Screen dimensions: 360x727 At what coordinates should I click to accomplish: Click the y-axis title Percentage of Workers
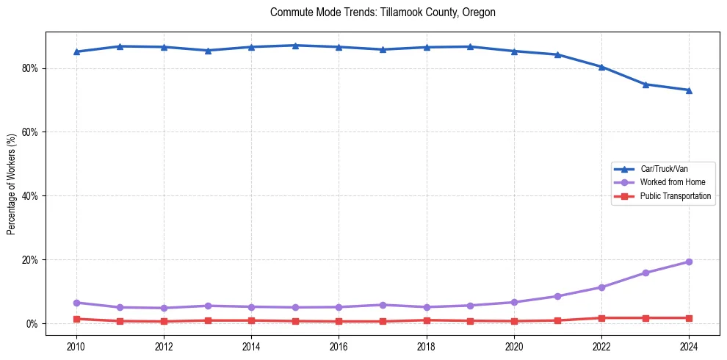pos(12,184)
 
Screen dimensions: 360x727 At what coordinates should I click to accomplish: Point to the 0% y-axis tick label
pos(32,324)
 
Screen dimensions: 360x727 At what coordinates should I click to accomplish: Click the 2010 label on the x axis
pos(76,345)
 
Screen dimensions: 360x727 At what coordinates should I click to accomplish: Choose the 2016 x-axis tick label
pos(339,345)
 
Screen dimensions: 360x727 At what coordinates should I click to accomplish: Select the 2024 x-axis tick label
pos(689,345)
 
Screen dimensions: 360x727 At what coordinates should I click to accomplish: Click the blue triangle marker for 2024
pos(689,90)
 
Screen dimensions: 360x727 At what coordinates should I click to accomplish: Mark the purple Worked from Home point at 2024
pos(689,262)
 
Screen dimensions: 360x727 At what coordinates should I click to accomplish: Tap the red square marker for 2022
pos(601,318)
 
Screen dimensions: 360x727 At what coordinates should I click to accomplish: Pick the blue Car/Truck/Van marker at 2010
pos(76,51)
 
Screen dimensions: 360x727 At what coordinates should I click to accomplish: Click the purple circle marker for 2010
pos(76,303)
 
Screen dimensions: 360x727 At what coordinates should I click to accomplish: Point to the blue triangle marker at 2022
pos(601,67)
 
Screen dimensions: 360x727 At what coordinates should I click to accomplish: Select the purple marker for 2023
pos(645,273)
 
